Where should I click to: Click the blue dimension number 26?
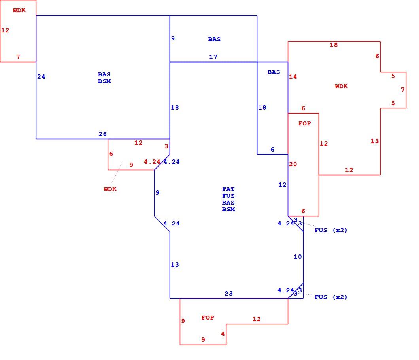point(103,134)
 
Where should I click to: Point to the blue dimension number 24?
point(41,77)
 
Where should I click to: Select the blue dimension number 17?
point(213,57)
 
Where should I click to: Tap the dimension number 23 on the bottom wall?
point(228,294)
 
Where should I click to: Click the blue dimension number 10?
point(298,257)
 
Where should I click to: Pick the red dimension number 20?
point(293,164)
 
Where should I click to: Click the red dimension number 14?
point(293,77)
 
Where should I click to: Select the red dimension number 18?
point(334,45)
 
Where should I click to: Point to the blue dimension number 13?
point(175,265)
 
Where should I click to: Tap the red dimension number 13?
point(375,141)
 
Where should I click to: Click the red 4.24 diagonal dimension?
point(152,162)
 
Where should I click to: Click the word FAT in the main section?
point(228,189)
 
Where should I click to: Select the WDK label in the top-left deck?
point(19,10)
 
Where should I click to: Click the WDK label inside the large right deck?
point(341,86)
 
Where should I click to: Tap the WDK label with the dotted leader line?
point(110,189)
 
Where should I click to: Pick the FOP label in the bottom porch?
point(208,318)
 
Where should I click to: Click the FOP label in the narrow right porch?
point(305,123)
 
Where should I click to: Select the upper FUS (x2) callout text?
point(331,230)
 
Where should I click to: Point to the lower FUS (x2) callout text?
point(331,297)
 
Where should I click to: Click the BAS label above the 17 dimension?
point(214,39)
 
